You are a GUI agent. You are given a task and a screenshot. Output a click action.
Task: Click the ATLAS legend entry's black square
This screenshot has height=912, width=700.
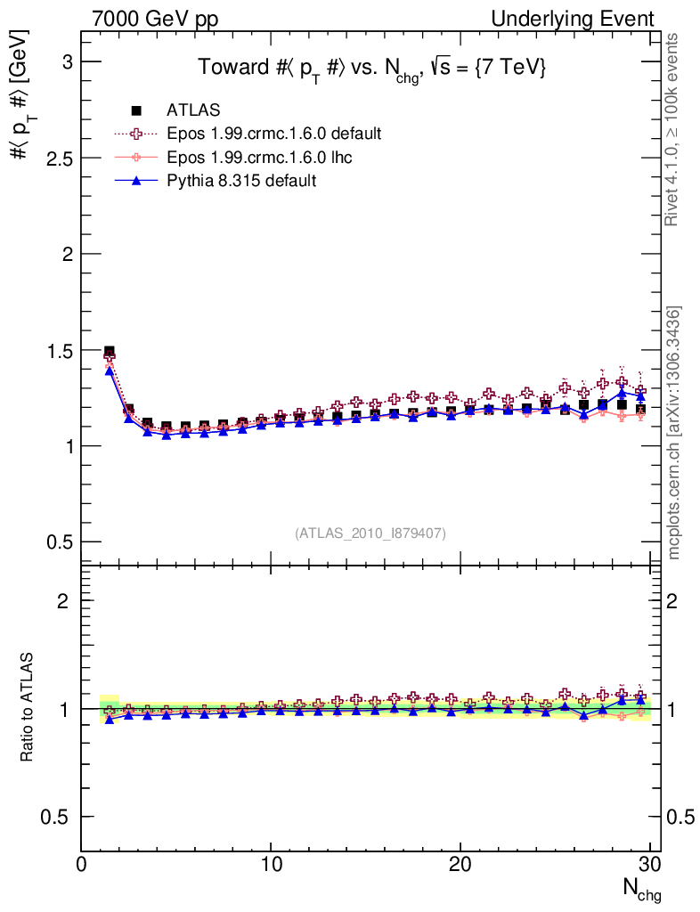pyautogui.click(x=136, y=110)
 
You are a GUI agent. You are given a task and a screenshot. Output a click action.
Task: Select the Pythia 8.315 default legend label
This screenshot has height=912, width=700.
pyautogui.click(x=241, y=180)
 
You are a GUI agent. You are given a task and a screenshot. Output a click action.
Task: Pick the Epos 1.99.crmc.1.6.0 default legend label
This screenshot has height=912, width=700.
pyautogui.click(x=274, y=134)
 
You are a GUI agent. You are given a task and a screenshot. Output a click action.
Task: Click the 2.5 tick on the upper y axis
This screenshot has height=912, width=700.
pyautogui.click(x=58, y=158)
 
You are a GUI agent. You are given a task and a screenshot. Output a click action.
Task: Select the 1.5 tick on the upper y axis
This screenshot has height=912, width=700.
pyautogui.click(x=58, y=350)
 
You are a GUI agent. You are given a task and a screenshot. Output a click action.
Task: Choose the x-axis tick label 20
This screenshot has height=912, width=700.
pyautogui.click(x=460, y=866)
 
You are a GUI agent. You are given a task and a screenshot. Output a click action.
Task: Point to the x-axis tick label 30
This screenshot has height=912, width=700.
pyautogui.click(x=649, y=866)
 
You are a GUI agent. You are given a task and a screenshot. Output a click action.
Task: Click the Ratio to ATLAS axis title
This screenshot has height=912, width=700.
pyautogui.click(x=28, y=708)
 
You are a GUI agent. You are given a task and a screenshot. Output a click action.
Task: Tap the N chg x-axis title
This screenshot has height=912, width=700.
pyautogui.click(x=641, y=889)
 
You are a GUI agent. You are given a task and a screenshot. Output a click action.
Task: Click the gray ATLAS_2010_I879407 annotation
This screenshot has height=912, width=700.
pyautogui.click(x=370, y=533)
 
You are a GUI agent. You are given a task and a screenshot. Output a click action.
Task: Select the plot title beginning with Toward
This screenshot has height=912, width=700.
pyautogui.click(x=370, y=69)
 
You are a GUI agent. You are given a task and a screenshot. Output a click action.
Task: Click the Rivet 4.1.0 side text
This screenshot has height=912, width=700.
pyautogui.click(x=674, y=129)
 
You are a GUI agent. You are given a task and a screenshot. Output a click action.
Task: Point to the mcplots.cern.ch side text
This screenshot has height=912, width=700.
pyautogui.click(x=674, y=432)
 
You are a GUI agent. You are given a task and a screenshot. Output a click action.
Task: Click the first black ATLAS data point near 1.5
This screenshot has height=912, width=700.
pyautogui.click(x=110, y=352)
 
